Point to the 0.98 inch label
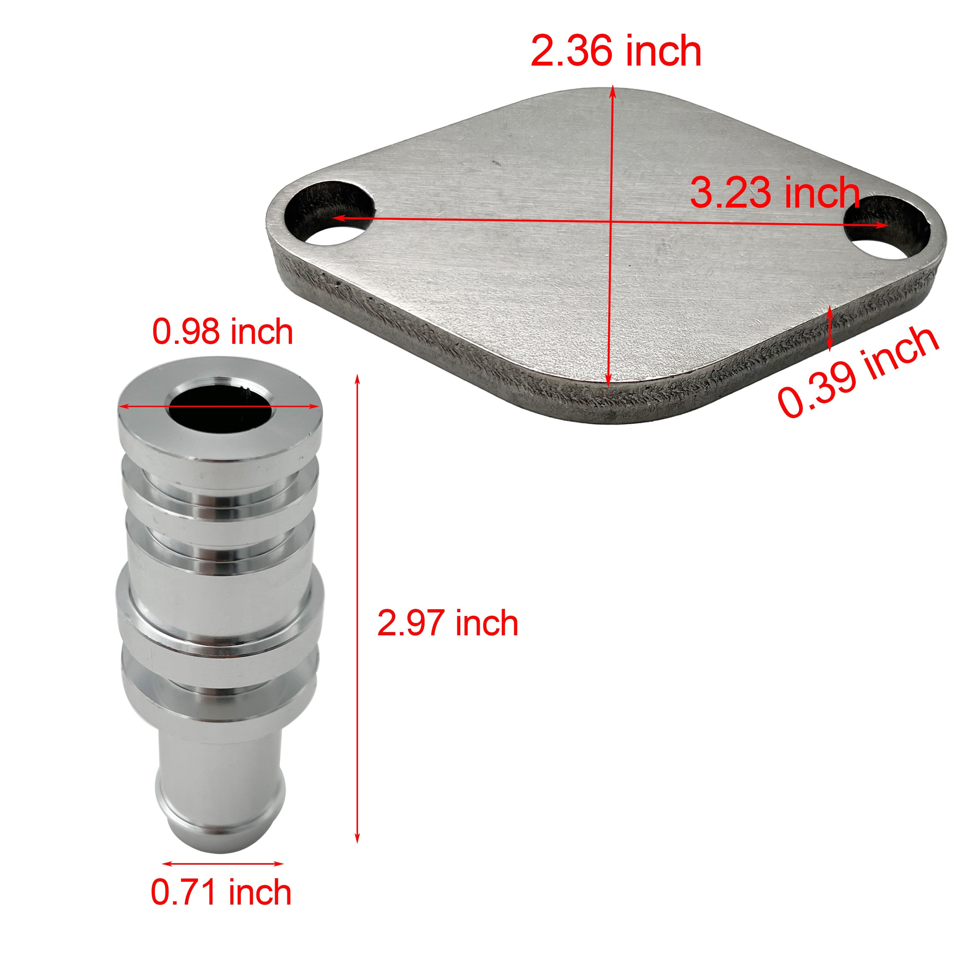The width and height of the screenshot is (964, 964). pos(223,332)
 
